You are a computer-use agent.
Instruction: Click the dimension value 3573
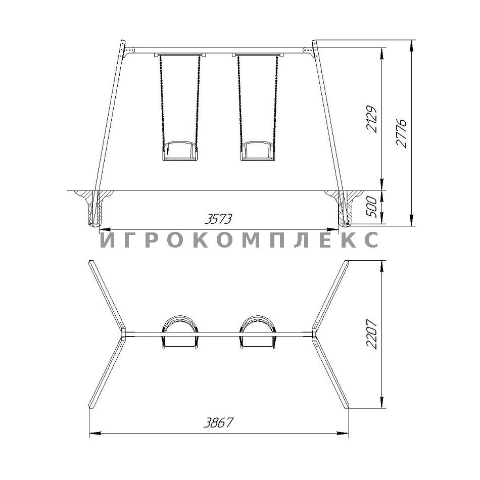[218, 219]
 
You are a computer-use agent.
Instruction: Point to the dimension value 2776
[401, 133]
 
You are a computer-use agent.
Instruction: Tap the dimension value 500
[372, 207]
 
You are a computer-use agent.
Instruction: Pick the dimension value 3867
[218, 422]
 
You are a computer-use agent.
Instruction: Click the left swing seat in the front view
[180, 151]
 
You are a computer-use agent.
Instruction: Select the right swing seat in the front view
[258, 151]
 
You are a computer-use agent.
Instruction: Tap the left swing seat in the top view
[180, 332]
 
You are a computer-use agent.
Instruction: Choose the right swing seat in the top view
[258, 332]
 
